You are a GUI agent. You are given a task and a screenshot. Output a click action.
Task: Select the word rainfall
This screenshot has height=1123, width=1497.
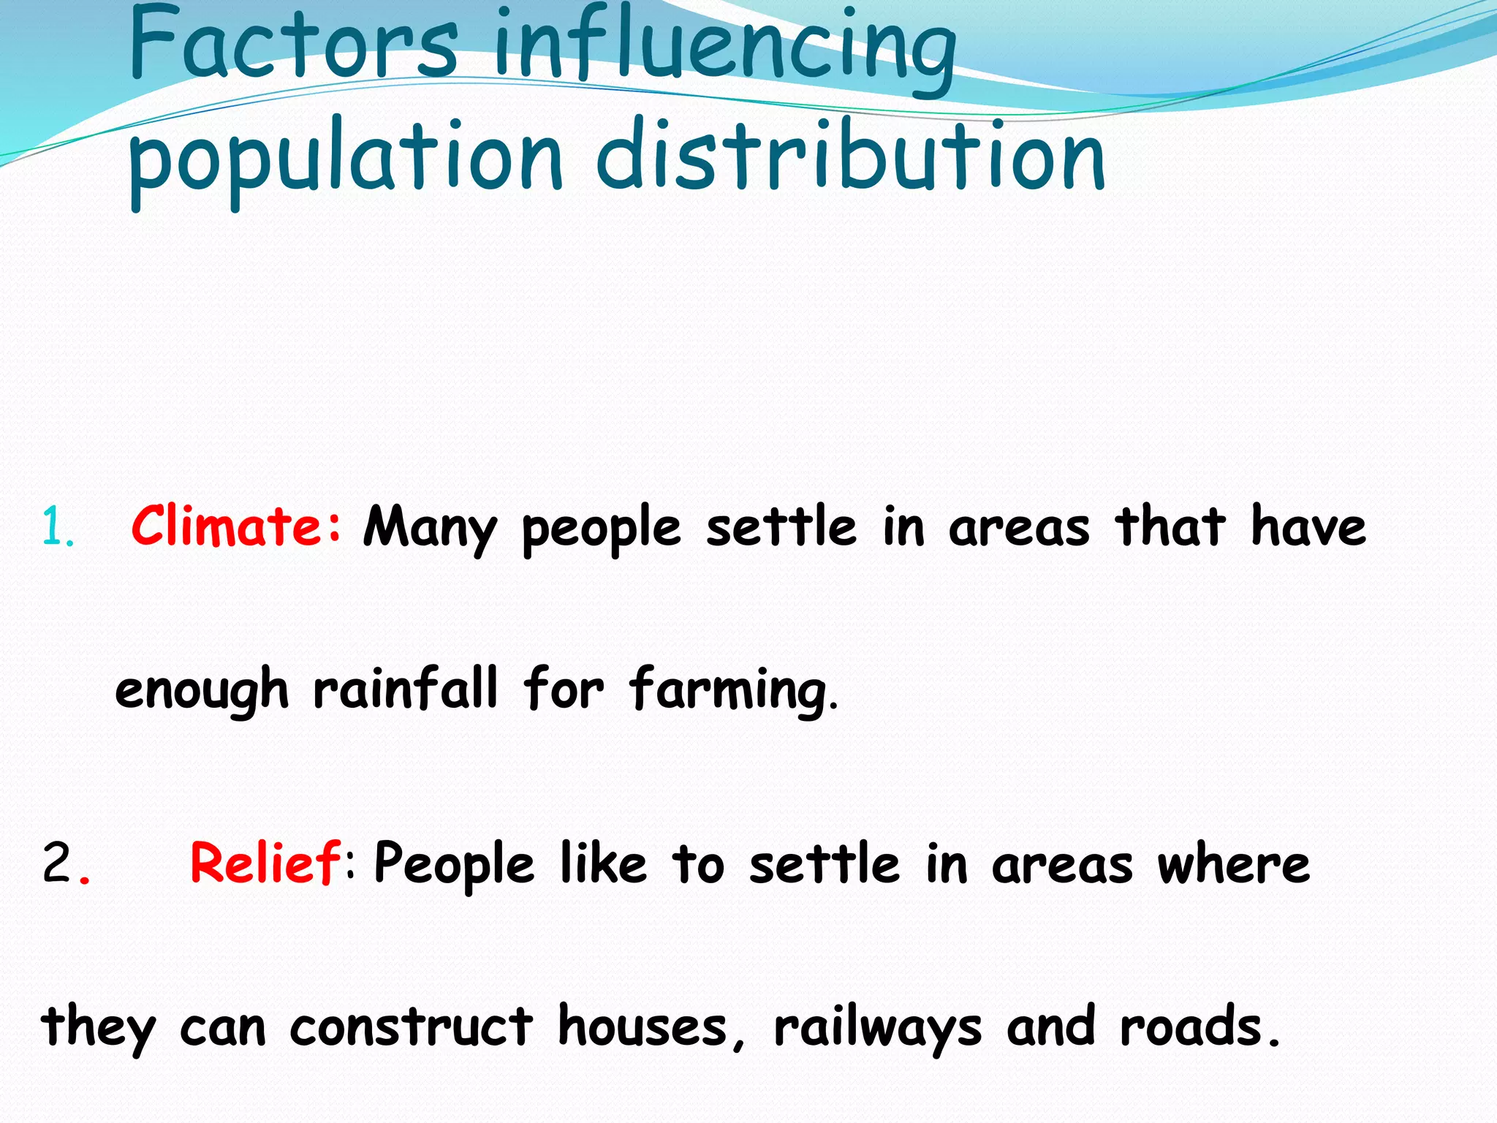[x=406, y=689]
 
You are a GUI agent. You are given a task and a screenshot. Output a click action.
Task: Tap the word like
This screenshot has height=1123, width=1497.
[x=603, y=863]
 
